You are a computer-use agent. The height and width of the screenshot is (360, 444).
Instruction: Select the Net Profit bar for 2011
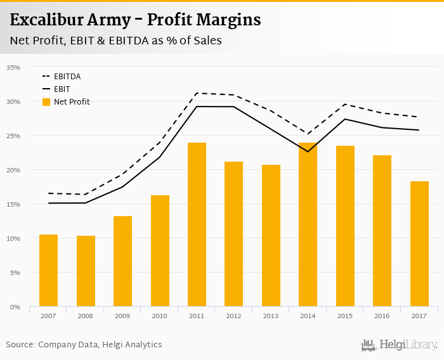(x=197, y=225)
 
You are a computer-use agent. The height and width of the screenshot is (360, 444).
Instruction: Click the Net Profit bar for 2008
(x=86, y=271)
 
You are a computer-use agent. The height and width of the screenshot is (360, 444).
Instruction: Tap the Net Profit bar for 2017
(x=419, y=244)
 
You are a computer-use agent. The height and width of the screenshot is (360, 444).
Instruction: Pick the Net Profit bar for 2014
(x=308, y=225)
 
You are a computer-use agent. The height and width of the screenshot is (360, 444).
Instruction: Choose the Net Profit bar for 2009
(x=122, y=261)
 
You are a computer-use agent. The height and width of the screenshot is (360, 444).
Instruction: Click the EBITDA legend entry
(x=67, y=77)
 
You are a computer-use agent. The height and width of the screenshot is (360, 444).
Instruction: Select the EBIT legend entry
(x=62, y=89)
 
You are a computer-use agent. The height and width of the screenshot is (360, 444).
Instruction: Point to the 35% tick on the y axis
(x=13, y=67)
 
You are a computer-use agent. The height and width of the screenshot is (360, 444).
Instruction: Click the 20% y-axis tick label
(x=13, y=170)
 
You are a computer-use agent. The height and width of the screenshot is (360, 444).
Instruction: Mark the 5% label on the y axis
(x=15, y=273)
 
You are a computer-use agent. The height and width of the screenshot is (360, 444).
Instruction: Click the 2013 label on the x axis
(x=271, y=316)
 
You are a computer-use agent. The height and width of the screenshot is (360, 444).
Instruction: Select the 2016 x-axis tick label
(x=382, y=316)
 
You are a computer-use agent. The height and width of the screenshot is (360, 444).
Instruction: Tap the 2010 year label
(x=160, y=316)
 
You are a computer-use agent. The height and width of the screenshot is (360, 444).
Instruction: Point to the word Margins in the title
(x=230, y=20)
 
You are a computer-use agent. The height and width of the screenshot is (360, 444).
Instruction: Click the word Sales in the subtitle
(x=206, y=41)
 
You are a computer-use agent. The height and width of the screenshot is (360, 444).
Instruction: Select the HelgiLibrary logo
(x=399, y=345)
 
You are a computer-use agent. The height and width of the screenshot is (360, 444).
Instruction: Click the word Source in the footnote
(x=20, y=345)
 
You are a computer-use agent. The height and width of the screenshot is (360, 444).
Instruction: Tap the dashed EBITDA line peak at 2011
(x=197, y=93)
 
